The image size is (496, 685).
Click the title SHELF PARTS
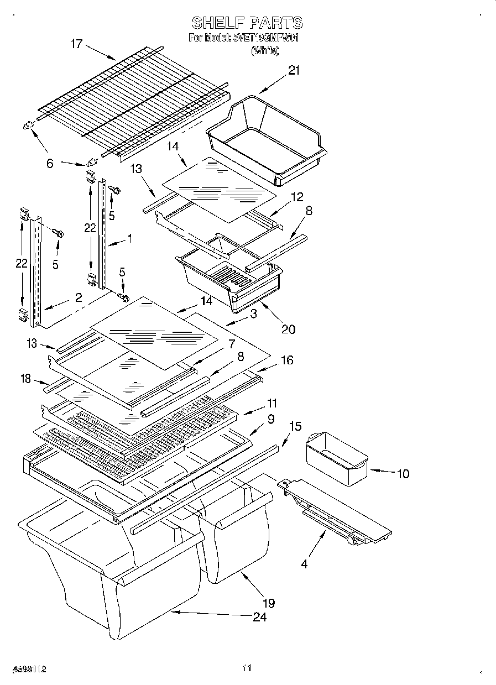click(x=247, y=23)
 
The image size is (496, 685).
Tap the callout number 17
click(x=76, y=44)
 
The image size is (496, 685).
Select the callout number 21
click(x=294, y=70)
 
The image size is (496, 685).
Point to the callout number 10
click(x=403, y=474)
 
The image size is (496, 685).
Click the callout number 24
click(x=259, y=617)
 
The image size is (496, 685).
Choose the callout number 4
click(x=304, y=564)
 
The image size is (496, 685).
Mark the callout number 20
click(x=288, y=330)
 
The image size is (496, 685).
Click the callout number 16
click(x=287, y=360)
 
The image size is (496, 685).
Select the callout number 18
click(x=25, y=379)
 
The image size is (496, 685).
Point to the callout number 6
click(x=50, y=164)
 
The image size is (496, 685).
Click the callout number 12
click(x=297, y=196)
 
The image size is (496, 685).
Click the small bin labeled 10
click(x=336, y=459)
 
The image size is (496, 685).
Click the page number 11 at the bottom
click(x=247, y=668)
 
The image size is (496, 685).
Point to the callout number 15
click(x=296, y=426)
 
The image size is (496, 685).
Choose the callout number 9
click(x=271, y=420)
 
